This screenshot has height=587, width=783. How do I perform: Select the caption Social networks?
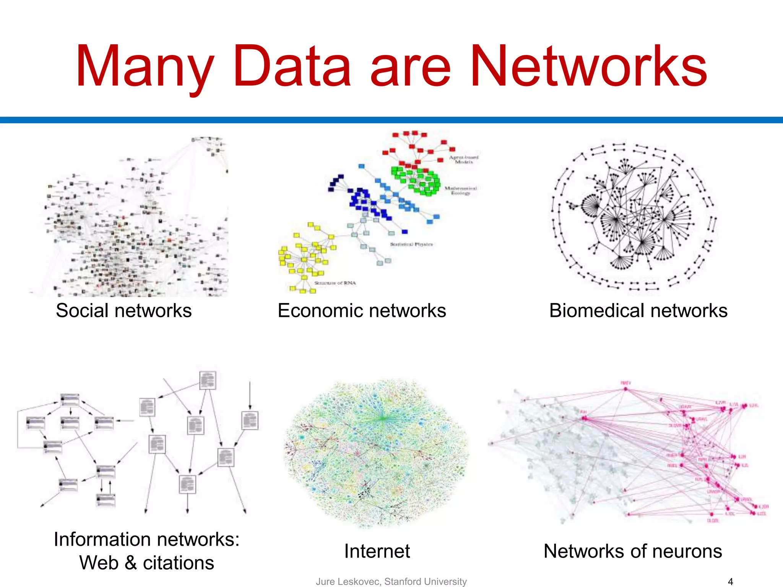(x=123, y=310)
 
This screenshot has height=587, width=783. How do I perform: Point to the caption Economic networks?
(x=362, y=310)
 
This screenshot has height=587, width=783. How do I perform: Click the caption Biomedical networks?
(x=638, y=310)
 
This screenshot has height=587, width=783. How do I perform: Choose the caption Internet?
(x=377, y=551)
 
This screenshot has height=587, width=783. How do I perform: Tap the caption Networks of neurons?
(x=633, y=551)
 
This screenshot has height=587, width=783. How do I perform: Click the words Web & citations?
(x=146, y=563)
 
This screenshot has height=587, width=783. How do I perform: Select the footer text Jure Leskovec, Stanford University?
(x=391, y=581)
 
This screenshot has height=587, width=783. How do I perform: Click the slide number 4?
(x=730, y=582)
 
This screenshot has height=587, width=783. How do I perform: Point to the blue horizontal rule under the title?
(x=391, y=120)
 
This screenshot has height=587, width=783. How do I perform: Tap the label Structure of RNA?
(x=335, y=283)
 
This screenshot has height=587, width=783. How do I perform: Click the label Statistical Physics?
(x=411, y=244)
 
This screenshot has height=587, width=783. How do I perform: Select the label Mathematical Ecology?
(x=460, y=190)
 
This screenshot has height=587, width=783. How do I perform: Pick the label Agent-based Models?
(x=463, y=159)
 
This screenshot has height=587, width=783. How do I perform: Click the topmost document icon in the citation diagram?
(x=208, y=380)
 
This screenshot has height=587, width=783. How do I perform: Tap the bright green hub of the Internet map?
(x=383, y=418)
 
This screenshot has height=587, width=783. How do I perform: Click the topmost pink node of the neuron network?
(x=625, y=389)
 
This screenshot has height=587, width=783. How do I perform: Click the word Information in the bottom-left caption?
(x=102, y=540)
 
